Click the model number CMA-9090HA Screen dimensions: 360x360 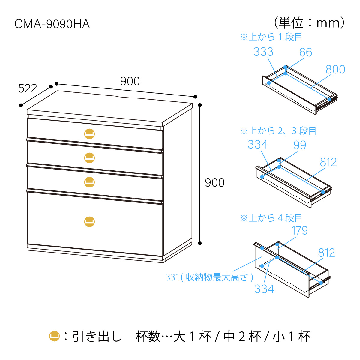[52, 24]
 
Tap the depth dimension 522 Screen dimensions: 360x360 [28, 88]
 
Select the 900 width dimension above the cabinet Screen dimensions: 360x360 [130, 81]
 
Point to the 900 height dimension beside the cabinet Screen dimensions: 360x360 [214, 182]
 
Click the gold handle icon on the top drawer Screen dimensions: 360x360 [89, 134]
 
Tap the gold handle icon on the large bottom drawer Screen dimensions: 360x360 [89, 222]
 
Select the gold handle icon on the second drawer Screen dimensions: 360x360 [89, 158]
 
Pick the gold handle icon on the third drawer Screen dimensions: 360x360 [89, 182]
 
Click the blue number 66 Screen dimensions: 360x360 [305, 52]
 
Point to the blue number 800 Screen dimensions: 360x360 [335, 70]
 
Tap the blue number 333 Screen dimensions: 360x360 [263, 52]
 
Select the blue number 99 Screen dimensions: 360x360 [300, 145]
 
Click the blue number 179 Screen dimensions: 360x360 [299, 231]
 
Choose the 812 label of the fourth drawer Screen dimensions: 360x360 [326, 253]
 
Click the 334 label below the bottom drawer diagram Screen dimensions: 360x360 [264, 289]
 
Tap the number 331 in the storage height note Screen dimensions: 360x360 [172, 277]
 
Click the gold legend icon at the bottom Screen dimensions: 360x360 [55, 336]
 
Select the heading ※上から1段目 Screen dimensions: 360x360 [271, 37]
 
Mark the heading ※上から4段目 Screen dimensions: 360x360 [271, 218]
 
